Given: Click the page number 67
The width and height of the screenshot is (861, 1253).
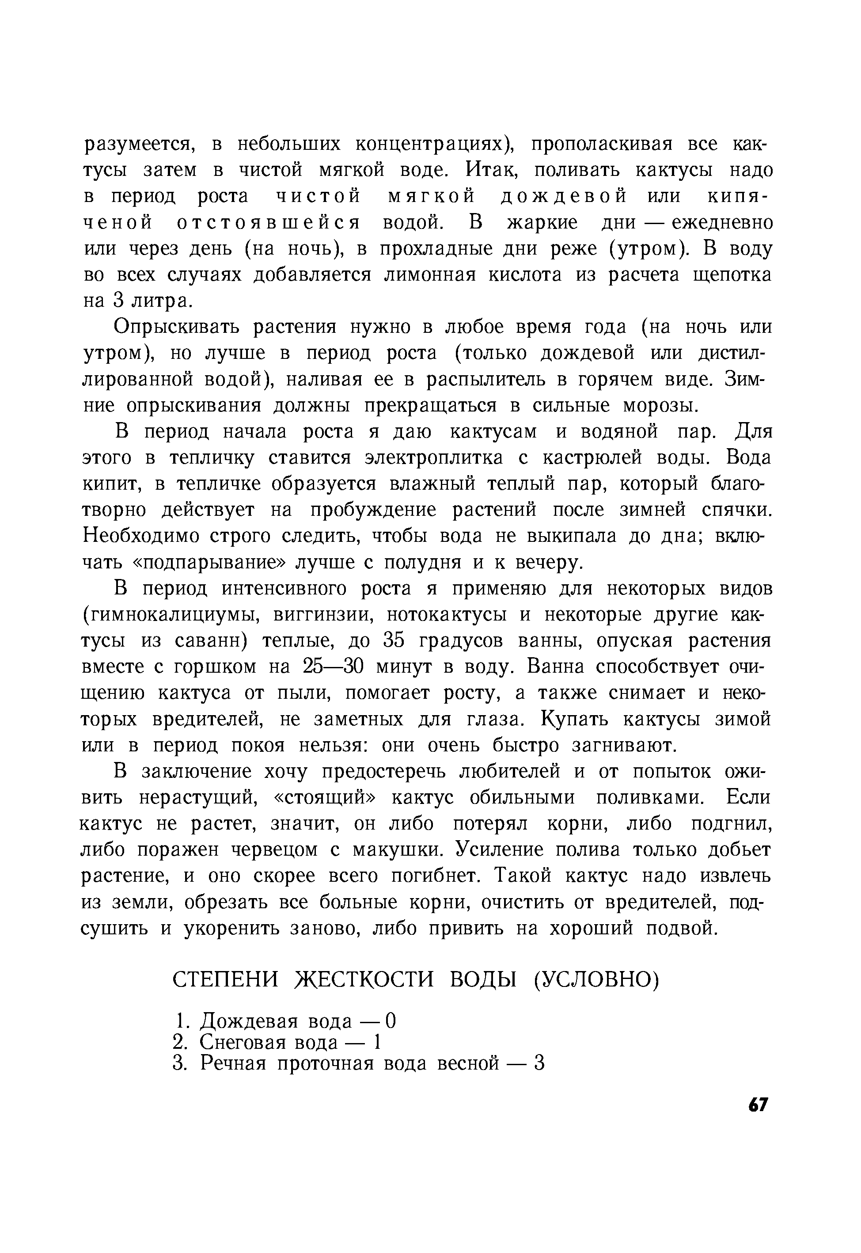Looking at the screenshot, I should click(x=758, y=1105).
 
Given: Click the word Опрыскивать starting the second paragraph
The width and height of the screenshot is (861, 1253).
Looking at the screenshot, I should click(x=178, y=328).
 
